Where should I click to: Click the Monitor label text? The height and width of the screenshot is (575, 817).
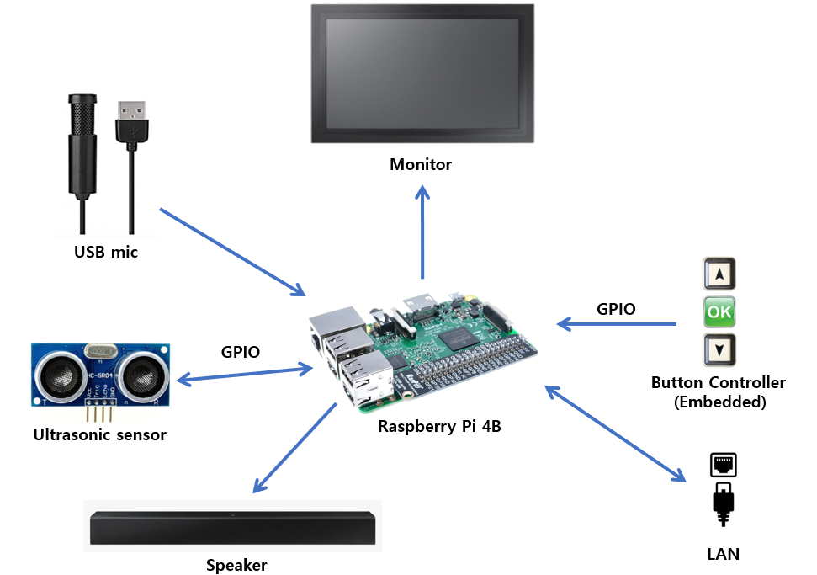[x=421, y=164]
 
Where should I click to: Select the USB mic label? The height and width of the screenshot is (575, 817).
[x=106, y=251]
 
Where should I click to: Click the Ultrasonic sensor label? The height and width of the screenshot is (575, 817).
[x=99, y=435]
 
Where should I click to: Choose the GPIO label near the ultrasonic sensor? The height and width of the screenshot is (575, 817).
[x=240, y=352]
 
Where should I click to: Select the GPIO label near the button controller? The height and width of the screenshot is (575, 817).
[x=616, y=309]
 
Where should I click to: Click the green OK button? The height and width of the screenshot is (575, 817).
[x=719, y=312]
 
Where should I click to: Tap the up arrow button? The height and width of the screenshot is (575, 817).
[x=719, y=274]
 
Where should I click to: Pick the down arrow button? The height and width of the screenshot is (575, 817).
[x=719, y=349]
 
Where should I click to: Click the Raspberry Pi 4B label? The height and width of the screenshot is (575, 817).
[x=439, y=426]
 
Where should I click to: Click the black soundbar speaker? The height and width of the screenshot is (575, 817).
[x=232, y=527]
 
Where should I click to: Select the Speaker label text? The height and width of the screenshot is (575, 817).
[x=236, y=565]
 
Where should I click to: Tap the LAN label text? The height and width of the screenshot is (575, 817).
[x=724, y=555]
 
